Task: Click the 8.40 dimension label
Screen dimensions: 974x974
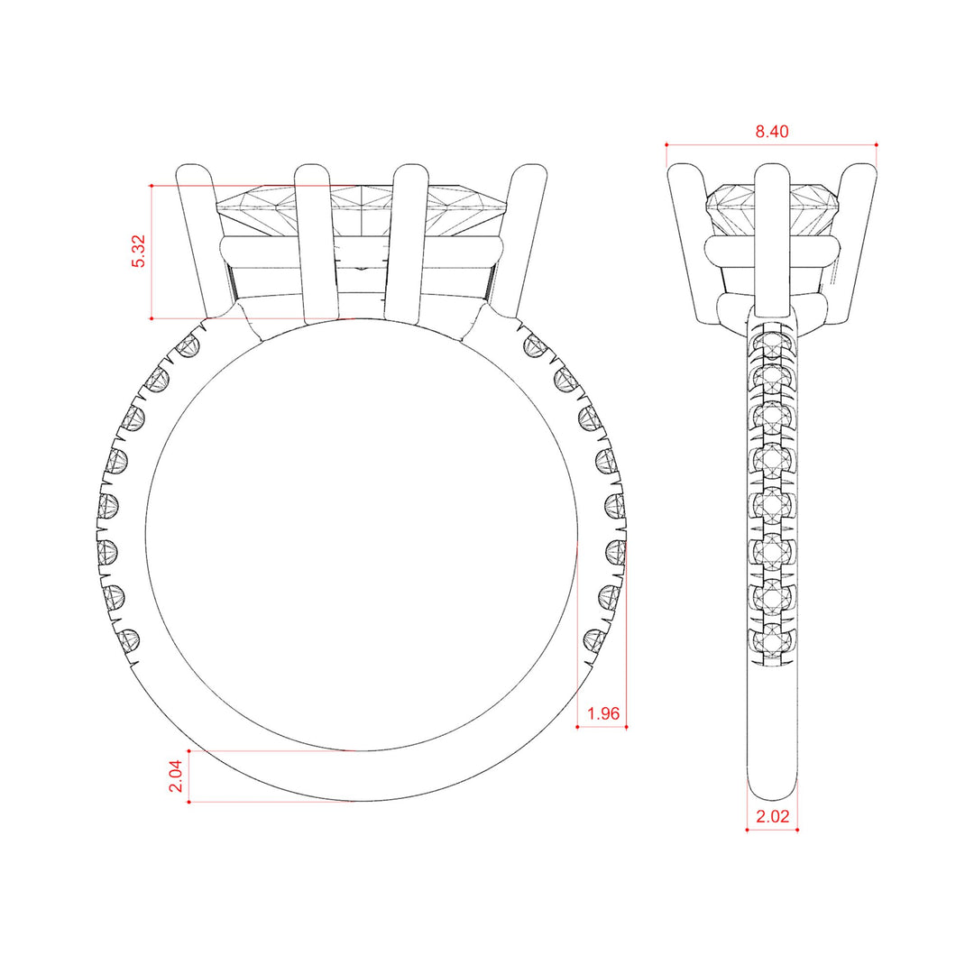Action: [771, 132]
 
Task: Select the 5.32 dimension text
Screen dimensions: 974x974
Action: [138, 252]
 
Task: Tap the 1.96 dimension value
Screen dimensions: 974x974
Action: [602, 714]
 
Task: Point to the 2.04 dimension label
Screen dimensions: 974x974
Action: [176, 776]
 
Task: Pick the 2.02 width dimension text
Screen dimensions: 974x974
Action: [772, 818]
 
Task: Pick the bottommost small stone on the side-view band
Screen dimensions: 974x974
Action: [772, 641]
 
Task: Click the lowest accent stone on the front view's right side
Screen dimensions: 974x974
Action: [595, 641]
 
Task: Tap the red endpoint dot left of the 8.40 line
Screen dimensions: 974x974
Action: [666, 144]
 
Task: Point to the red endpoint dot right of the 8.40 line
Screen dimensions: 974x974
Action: [877, 144]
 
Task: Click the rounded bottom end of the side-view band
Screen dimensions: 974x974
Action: [772, 789]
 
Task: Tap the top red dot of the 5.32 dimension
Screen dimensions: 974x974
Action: [152, 186]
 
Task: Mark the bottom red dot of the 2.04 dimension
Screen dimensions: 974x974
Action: [188, 802]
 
